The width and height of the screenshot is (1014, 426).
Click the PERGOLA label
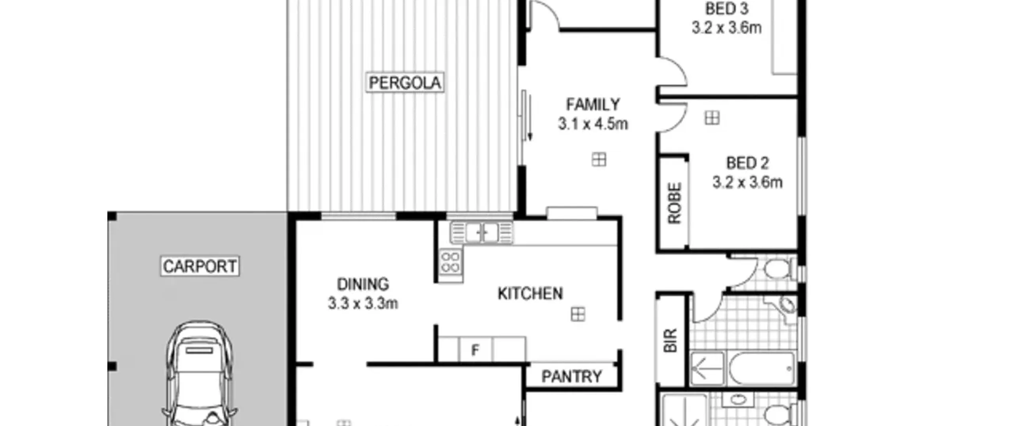[x=404, y=83]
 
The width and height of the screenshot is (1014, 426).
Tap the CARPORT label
[x=200, y=266]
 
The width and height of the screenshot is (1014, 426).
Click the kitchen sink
[x=482, y=232]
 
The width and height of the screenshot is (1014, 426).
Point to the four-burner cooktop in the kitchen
[x=450, y=262]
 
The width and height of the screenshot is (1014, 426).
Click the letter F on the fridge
[x=475, y=350]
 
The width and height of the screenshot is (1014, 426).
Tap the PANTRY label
[x=572, y=376]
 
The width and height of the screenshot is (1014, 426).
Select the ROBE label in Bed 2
[x=674, y=203]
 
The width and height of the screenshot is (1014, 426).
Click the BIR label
[x=670, y=340]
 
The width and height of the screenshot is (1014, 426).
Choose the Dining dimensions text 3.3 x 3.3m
[x=363, y=304]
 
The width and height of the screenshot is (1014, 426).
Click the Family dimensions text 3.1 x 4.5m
[x=593, y=124]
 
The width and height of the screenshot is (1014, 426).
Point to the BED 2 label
[x=747, y=163]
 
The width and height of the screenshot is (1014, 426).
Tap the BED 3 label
[x=726, y=9]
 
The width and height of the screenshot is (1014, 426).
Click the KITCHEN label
[x=530, y=294]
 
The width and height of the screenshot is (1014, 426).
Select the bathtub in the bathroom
[x=762, y=369]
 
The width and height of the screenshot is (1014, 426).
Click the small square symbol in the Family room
[x=599, y=160]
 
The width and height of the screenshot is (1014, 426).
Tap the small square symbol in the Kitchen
[x=578, y=314]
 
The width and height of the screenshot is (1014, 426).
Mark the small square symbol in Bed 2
[x=712, y=118]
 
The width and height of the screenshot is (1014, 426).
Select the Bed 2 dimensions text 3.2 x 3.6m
[x=747, y=182]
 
